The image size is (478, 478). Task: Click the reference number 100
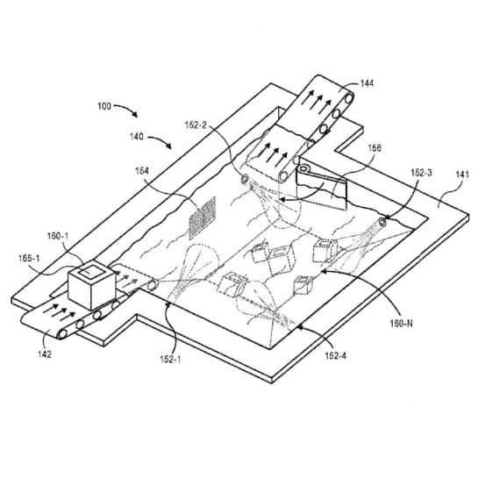[x=104, y=106]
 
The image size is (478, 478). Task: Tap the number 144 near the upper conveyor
[x=366, y=83]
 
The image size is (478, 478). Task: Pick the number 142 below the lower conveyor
[x=42, y=354]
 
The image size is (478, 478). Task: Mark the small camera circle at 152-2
[x=245, y=180]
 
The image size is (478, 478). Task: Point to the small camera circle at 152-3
[x=383, y=220]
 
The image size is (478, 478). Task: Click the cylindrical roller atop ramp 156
[x=303, y=169]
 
